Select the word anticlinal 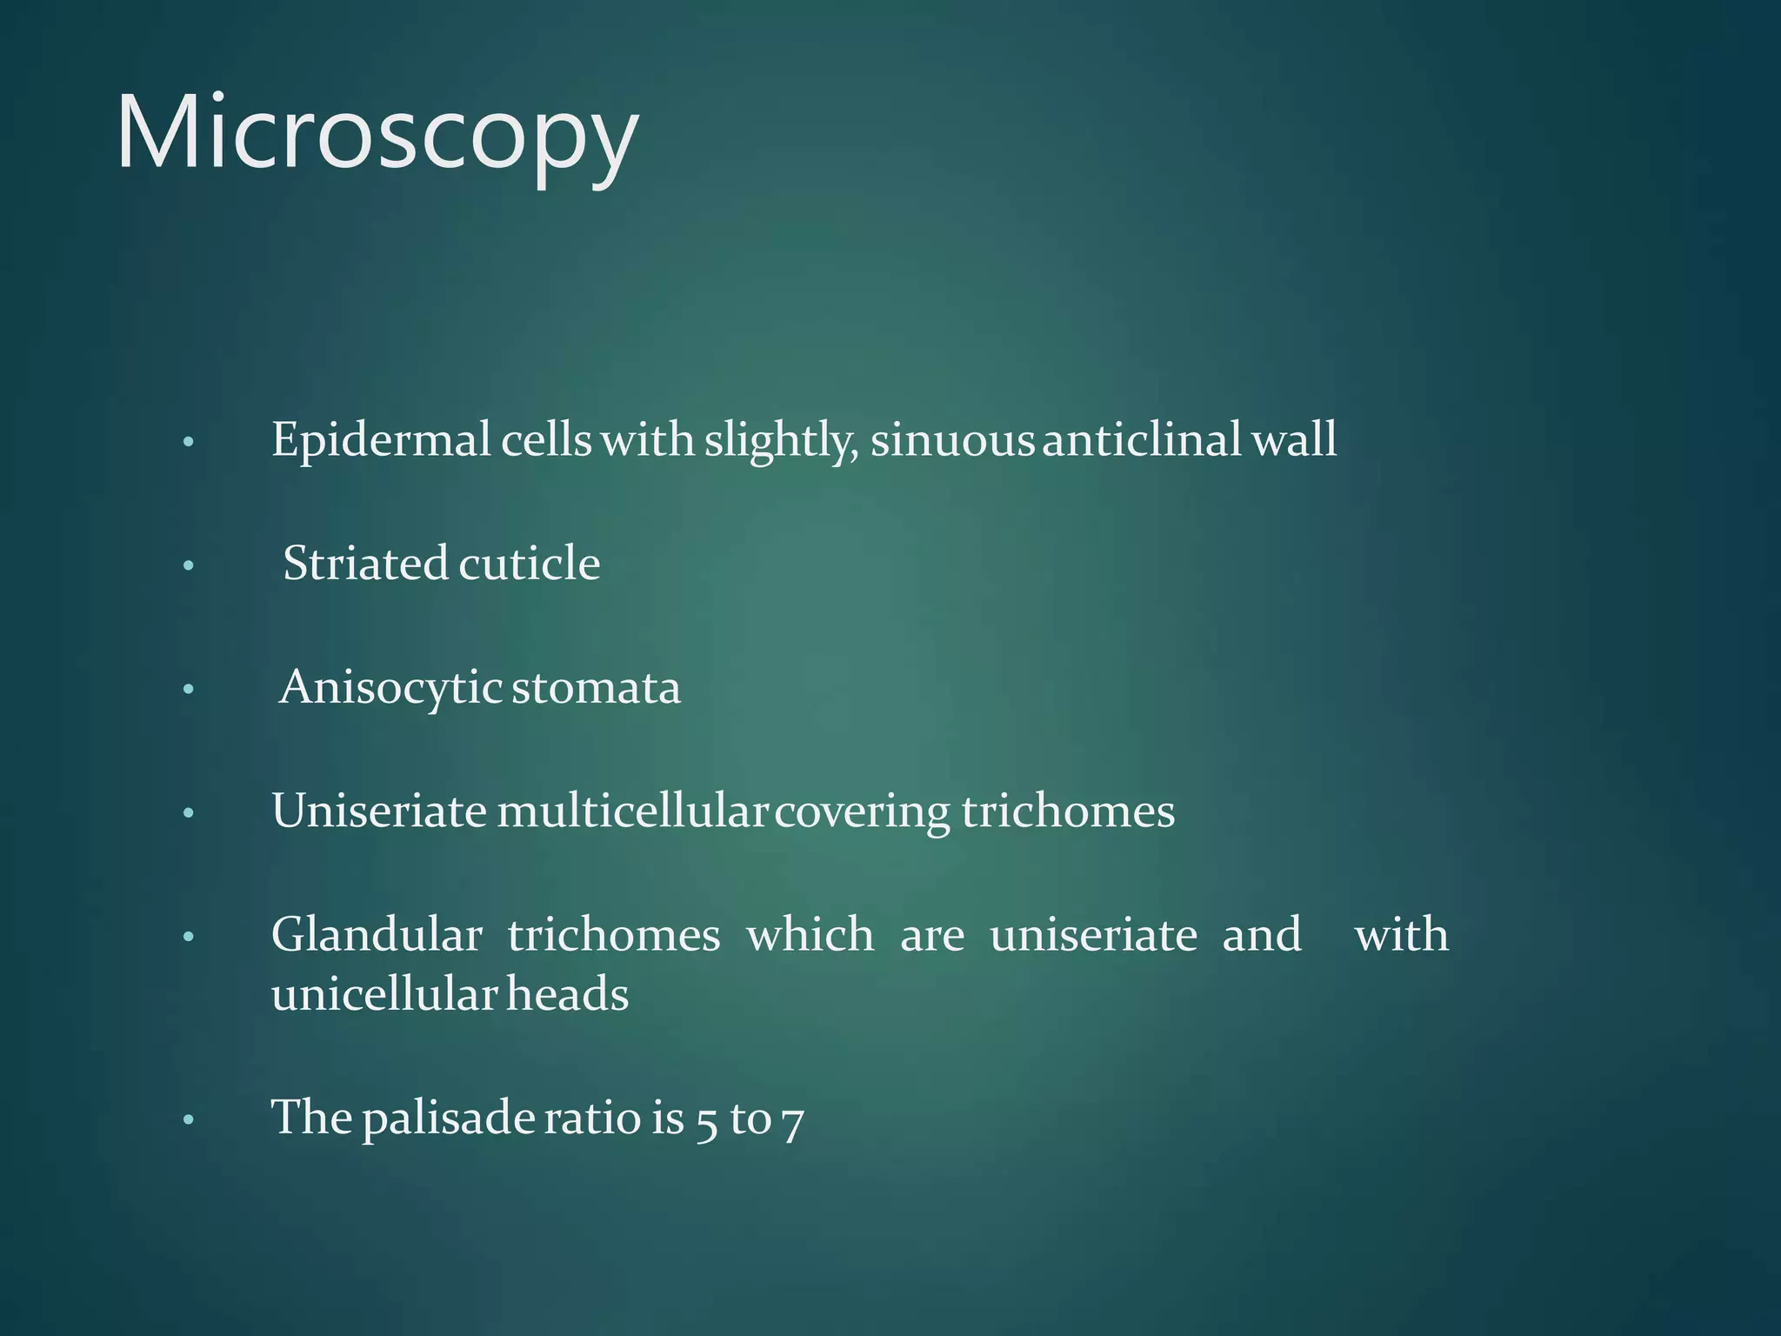[1141, 440]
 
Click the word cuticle [529, 564]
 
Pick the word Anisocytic [390, 689]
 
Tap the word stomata [596, 689]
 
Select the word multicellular [632, 812]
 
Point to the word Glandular [377, 936]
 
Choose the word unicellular [384, 995]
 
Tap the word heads [567, 995]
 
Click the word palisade [448, 1119]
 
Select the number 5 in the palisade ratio [706, 1120]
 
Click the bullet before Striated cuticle [188, 567]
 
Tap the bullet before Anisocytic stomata [188, 691]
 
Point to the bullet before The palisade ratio [188, 1120]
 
